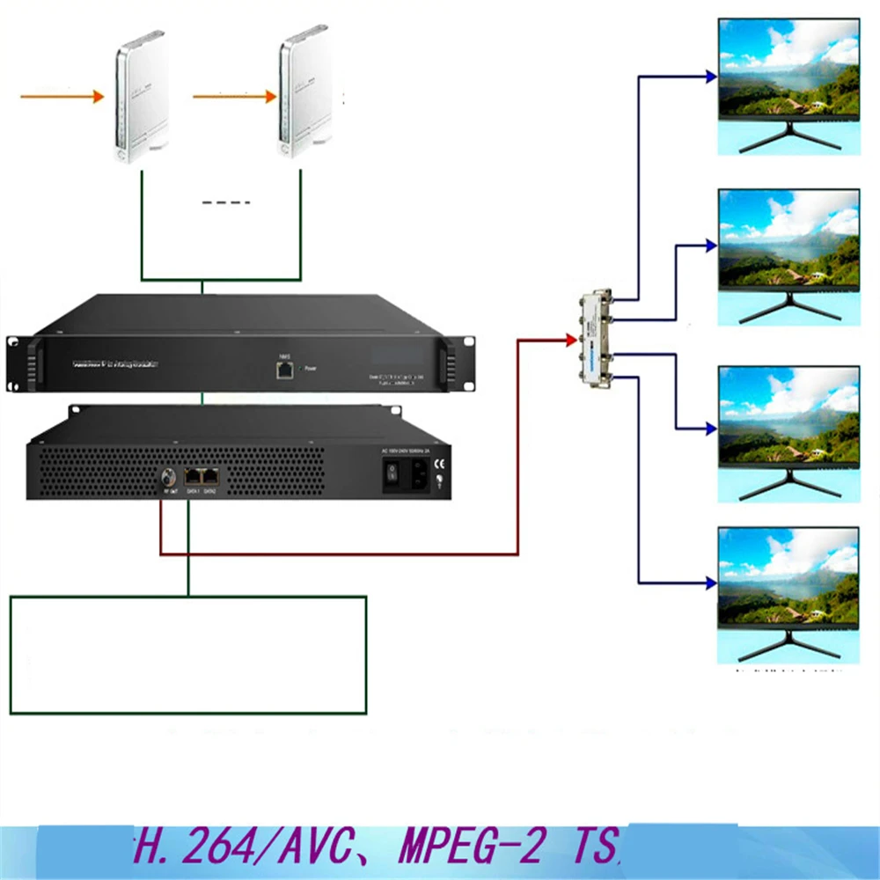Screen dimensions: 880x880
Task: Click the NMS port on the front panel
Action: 284,370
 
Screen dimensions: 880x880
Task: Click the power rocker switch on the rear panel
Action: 392,477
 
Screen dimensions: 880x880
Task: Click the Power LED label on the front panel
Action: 309,370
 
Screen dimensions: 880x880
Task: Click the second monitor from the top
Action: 788,238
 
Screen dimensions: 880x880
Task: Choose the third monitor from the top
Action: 788,414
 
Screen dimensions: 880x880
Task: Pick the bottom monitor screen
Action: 788,577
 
